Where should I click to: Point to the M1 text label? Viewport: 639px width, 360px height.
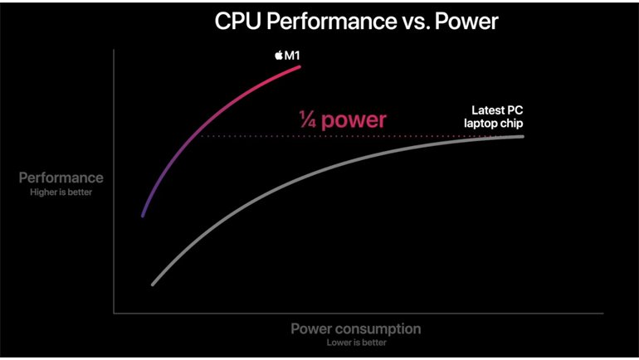pos(293,56)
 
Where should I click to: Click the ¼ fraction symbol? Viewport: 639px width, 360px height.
pos(307,120)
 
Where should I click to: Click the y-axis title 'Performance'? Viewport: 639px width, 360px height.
pos(61,178)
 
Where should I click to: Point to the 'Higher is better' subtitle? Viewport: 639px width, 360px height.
pos(61,192)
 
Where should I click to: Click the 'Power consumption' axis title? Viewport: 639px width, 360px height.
pos(355,328)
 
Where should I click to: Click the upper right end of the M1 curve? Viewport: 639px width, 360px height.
pos(300,67)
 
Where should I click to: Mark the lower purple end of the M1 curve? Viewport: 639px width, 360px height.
pos(143,216)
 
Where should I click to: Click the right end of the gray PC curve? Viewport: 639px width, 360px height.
pos(523,136)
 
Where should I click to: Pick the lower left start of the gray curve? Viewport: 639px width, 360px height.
pos(153,285)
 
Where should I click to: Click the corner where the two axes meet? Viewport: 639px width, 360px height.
pos(114,314)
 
